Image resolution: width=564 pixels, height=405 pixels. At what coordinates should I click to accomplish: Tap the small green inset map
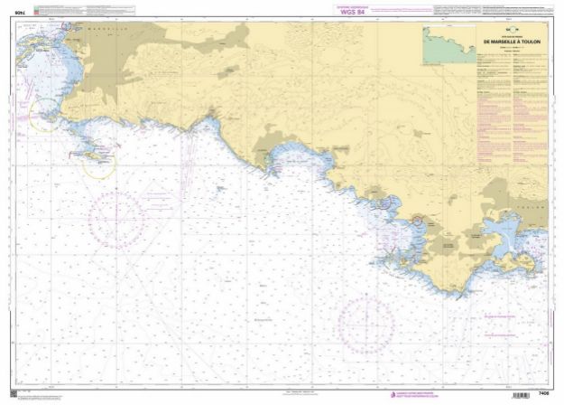449,44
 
